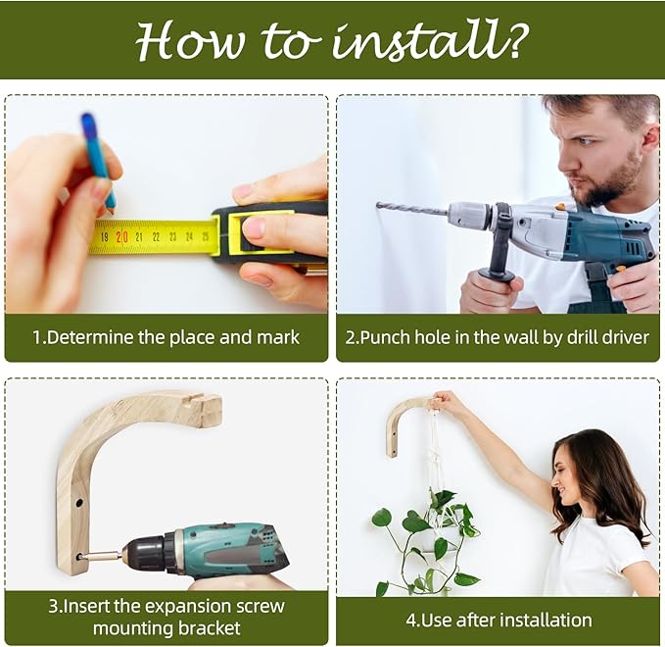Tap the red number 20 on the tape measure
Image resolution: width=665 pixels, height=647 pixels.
point(121,236)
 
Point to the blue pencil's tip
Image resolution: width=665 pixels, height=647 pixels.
point(112,210)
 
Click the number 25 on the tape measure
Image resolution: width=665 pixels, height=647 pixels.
point(206,236)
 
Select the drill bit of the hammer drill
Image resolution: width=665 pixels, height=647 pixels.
point(412,209)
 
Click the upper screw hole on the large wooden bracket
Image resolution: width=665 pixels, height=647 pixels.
point(79,503)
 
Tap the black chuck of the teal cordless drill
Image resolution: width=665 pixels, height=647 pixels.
point(147,555)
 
